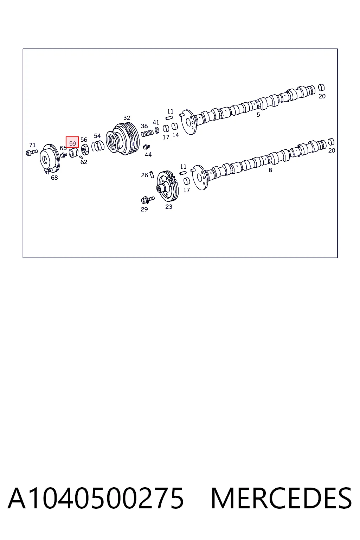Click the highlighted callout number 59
click(72, 143)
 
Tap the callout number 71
click(32, 145)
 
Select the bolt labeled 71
click(32, 153)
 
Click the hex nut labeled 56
click(85, 150)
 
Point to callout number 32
click(127, 118)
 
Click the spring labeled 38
click(147, 133)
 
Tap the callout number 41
click(156, 122)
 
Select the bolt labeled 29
click(147, 200)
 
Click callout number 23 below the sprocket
click(169, 207)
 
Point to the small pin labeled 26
click(152, 174)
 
